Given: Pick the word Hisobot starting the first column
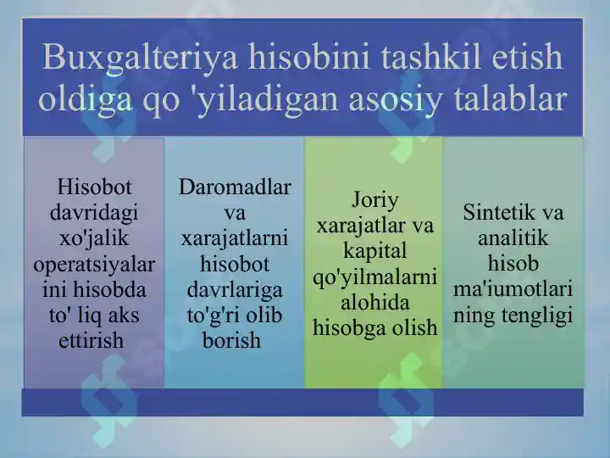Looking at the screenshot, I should tap(94, 186).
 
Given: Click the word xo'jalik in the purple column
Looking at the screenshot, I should tap(94, 237).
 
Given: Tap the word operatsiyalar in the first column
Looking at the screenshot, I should tap(94, 264).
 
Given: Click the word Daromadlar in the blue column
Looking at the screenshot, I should tap(235, 186).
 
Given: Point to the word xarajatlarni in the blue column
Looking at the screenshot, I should tap(235, 237).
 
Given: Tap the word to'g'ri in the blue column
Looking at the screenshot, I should tap(212, 316).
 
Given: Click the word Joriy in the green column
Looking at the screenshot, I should tap(374, 200).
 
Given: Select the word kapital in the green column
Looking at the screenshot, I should tap(374, 252).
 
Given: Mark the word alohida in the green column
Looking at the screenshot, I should tap(374, 303).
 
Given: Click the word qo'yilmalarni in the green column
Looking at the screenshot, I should tap(374, 277).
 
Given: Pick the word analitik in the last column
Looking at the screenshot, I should tap(513, 237).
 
